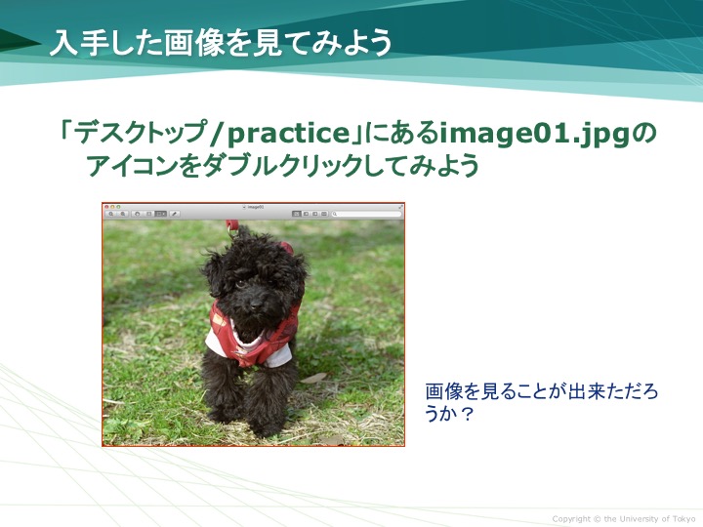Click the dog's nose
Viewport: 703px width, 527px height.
(256, 304)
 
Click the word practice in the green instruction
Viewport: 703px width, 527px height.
(288, 133)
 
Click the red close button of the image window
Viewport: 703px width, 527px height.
(106, 207)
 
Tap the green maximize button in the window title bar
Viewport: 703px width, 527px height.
(118, 207)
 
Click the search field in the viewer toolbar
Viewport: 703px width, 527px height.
(366, 214)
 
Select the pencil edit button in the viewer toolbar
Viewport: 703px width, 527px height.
(175, 214)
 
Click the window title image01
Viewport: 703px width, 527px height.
(256, 207)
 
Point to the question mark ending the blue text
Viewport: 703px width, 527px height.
(467, 414)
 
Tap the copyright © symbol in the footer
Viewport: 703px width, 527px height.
(598, 519)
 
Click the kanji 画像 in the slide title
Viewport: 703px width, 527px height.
(192, 43)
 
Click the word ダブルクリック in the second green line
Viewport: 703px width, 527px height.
(283, 166)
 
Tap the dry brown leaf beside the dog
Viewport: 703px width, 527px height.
(313, 378)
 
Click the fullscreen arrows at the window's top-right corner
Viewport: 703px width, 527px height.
(400, 207)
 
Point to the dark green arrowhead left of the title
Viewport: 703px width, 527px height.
(21, 43)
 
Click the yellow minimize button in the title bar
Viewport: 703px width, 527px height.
(112, 207)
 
